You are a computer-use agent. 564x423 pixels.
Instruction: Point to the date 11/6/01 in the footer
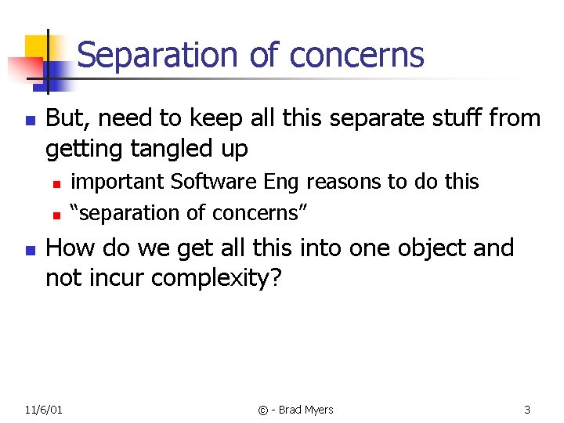pos(44,410)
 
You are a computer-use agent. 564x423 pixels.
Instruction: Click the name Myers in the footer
pos(317,410)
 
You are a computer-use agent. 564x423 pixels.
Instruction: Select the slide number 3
pos(527,410)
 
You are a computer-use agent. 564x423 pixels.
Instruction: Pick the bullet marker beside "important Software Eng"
pos(56,183)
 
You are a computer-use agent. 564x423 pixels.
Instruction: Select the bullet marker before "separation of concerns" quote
pos(56,213)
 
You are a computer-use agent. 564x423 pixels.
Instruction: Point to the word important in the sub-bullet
pos(118,182)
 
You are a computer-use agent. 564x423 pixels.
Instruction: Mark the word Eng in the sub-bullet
pos(282,182)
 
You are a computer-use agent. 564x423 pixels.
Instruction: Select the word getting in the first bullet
pos(78,148)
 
